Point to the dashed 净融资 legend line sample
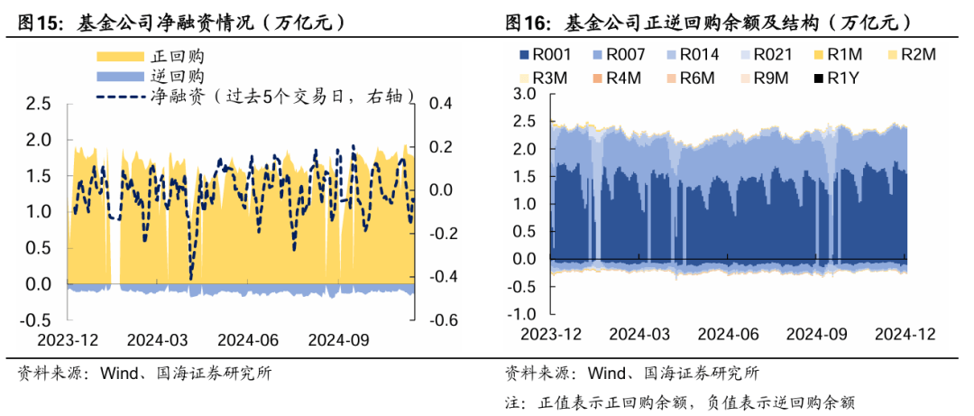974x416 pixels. [120, 96]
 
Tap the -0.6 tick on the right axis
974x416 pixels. [445, 320]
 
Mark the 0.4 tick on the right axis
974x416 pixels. [441, 104]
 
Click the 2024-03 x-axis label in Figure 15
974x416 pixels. [157, 339]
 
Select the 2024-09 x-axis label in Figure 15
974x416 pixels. [338, 339]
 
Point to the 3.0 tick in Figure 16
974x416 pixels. [524, 94]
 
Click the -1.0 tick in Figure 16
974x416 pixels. [520, 315]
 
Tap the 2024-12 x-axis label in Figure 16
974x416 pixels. [905, 334]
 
